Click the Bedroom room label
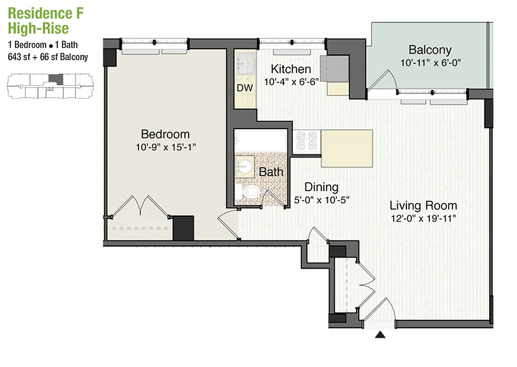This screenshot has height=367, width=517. point(165,134)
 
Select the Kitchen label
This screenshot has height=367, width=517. point(291,69)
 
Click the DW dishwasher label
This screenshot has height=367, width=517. point(245,88)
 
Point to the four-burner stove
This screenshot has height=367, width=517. point(307,141)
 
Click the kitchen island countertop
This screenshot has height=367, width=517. point(346,148)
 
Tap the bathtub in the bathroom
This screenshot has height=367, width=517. point(260,142)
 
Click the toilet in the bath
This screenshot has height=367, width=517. point(248,193)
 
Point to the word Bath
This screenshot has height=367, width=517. point(271,172)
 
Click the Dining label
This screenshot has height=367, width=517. point(322,187)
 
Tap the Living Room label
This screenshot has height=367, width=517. point(423,205)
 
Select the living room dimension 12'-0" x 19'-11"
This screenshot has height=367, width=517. point(423,218)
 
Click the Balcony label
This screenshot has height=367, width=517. point(430,50)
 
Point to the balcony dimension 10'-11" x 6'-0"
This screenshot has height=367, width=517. point(430,63)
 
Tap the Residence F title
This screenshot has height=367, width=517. point(46,13)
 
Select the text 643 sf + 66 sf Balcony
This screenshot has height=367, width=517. point(48,57)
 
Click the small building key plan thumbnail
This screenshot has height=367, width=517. point(49,86)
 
